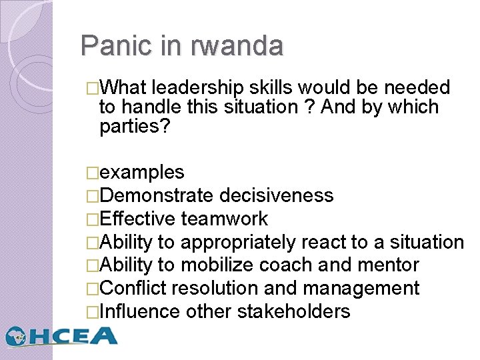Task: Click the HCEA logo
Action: click(61, 335)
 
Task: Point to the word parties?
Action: click(135, 126)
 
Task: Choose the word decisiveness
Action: click(276, 195)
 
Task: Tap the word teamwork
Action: click(224, 219)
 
